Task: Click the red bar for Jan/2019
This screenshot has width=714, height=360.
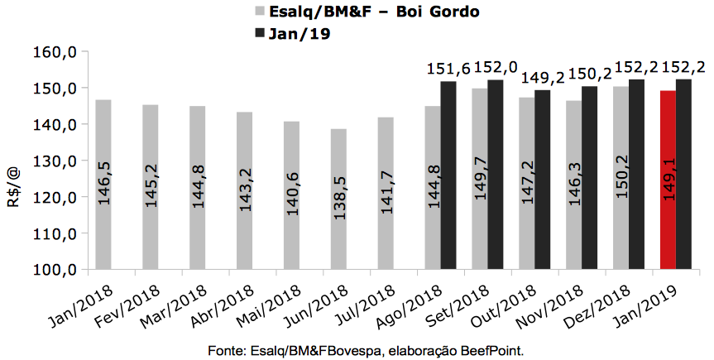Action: click(668, 180)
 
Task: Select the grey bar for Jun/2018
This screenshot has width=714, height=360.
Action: click(338, 199)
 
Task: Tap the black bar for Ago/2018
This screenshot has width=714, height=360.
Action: click(448, 175)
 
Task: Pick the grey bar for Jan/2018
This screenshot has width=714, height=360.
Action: click(103, 184)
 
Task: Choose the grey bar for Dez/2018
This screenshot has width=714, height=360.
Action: click(621, 177)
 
